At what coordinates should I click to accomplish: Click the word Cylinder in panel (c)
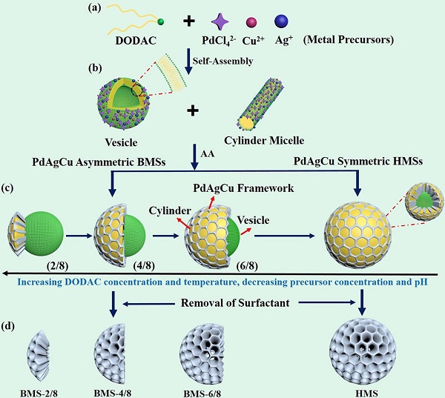[168, 212]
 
